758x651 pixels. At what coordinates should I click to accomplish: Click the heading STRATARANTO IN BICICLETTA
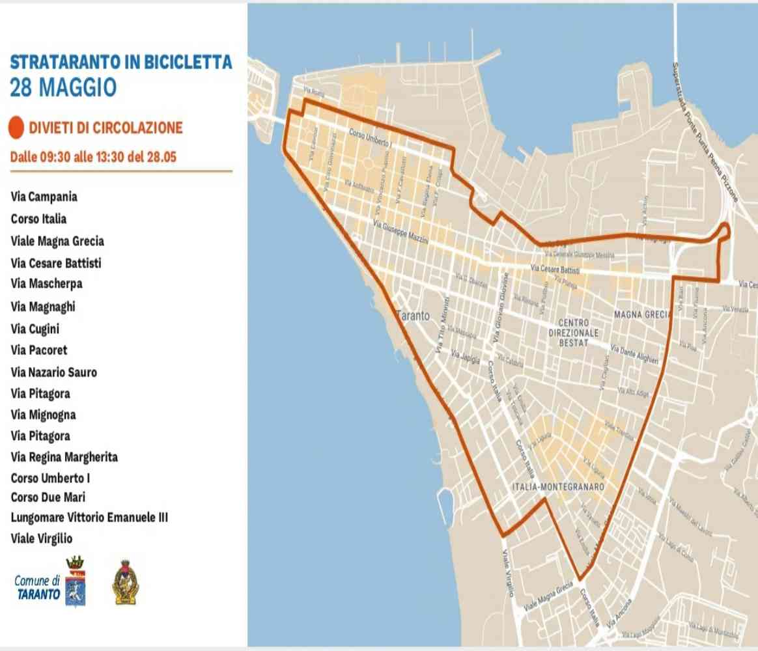121,62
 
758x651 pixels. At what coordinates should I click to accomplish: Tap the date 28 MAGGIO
63,87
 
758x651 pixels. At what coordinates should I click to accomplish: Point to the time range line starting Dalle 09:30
93,157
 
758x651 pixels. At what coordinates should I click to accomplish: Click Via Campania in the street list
44,197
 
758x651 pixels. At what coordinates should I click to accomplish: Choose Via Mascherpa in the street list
46,284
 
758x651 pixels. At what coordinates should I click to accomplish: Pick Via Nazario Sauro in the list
53,372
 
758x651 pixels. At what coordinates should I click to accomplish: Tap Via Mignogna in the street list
43,415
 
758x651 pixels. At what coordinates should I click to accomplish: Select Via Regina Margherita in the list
64,457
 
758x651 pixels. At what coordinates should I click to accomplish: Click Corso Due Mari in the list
48,497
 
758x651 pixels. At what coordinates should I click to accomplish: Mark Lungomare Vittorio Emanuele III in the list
89,518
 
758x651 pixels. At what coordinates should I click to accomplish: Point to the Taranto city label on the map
413,316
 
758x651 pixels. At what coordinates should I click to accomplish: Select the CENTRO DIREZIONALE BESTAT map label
573,332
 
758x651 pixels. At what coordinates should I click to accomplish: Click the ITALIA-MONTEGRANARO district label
559,486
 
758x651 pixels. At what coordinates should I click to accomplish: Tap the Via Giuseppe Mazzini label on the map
400,232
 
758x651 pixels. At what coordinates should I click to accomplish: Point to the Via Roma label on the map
313,92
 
